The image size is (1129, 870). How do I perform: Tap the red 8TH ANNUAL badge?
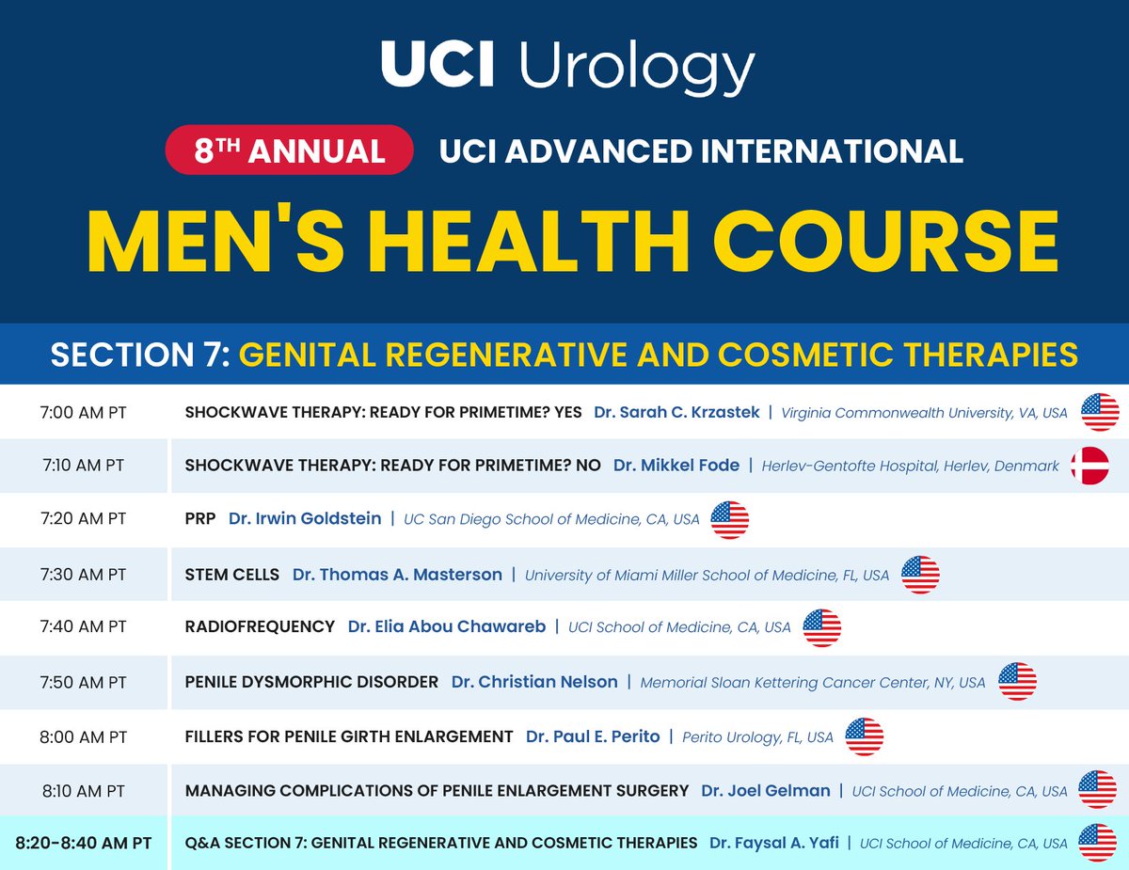pyautogui.click(x=290, y=150)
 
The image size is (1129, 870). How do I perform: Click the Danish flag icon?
pyautogui.click(x=1089, y=466)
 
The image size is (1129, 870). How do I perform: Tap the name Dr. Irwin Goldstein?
pyautogui.click(x=305, y=518)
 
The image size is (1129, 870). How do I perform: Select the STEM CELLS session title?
pyautogui.click(x=232, y=574)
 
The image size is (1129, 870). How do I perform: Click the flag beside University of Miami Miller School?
pyautogui.click(x=920, y=574)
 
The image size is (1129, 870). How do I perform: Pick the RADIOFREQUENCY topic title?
pyautogui.click(x=260, y=626)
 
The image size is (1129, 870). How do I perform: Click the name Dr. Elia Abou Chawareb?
pyautogui.click(x=446, y=626)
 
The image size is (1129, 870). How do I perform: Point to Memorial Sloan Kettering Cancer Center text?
pyautogui.click(x=813, y=682)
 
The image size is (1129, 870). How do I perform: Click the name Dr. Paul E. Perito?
pyautogui.click(x=593, y=736)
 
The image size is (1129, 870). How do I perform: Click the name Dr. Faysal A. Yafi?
pyautogui.click(x=772, y=843)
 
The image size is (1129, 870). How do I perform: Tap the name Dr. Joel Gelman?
pyautogui.click(x=765, y=790)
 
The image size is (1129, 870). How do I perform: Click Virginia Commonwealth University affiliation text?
pyautogui.click(x=924, y=412)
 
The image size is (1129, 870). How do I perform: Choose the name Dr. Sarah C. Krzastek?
pyautogui.click(x=676, y=412)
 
